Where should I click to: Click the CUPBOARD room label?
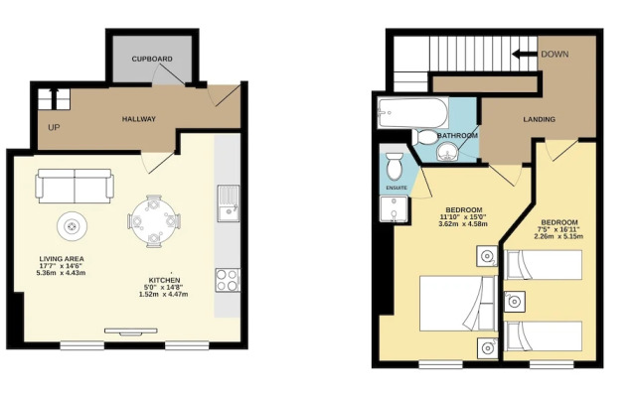point(152,59)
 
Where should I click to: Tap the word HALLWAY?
point(139,119)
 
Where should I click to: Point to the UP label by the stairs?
point(54,128)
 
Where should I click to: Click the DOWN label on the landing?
point(555,54)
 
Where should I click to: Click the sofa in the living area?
point(75,186)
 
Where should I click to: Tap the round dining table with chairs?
point(153,221)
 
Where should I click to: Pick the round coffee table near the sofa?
point(73,226)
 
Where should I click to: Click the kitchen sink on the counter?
point(228,202)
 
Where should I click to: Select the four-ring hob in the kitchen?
point(228,280)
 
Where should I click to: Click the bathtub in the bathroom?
point(412,112)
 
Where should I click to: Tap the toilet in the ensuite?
point(395,166)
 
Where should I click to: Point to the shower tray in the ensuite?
point(394,209)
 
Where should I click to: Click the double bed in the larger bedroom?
point(458,304)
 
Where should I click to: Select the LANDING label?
point(539,119)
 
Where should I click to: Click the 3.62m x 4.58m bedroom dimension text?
point(464,223)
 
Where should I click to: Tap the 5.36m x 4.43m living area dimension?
point(61,273)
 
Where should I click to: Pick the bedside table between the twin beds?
point(515,302)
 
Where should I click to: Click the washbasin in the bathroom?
point(447,152)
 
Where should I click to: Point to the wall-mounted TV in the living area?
point(131,331)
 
